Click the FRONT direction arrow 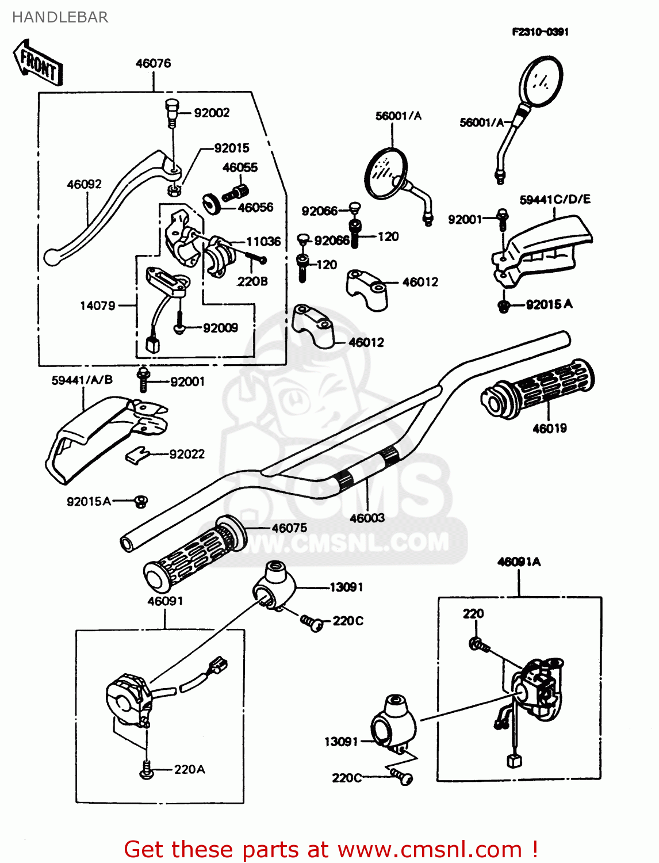click(x=38, y=62)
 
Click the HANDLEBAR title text click(x=60, y=17)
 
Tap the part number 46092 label click(x=84, y=184)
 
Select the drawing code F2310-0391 click(x=540, y=32)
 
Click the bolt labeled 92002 click(x=171, y=113)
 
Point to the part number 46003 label click(x=367, y=518)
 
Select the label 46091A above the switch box click(x=519, y=562)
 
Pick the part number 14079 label click(x=98, y=306)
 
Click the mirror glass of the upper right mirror click(x=541, y=81)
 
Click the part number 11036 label click(x=263, y=242)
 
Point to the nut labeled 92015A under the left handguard click(x=140, y=502)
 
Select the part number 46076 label click(x=153, y=63)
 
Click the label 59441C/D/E click(x=555, y=200)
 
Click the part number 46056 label click(x=255, y=207)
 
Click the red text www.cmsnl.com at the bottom click(x=429, y=849)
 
